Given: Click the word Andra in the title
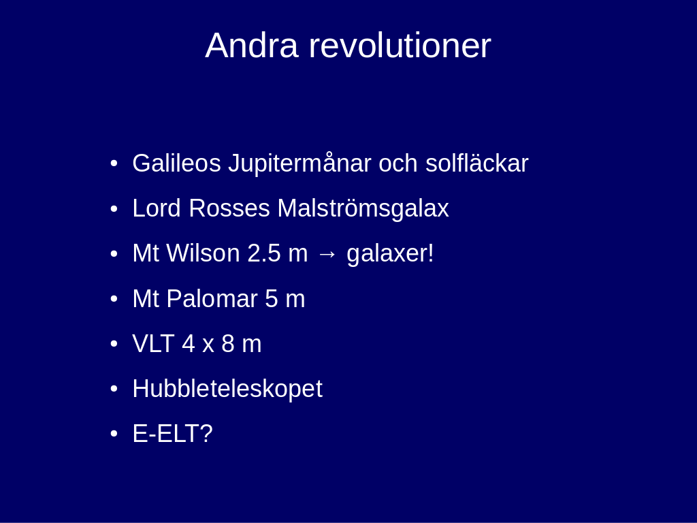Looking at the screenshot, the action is (x=252, y=45).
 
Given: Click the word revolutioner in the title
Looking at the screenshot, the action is (x=400, y=45).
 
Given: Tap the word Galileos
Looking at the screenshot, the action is (x=176, y=163).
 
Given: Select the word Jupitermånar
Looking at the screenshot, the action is (x=299, y=163).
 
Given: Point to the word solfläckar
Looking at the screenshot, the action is (x=477, y=163).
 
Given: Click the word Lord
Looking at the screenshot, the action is (x=157, y=208).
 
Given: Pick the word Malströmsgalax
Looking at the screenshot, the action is (x=363, y=208).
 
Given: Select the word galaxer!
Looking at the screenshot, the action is (x=390, y=253).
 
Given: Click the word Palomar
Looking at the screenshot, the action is (x=212, y=298).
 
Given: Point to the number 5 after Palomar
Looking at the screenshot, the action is (x=271, y=298).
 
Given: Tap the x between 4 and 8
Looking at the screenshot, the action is (x=208, y=345).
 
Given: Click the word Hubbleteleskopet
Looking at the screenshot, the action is (x=227, y=389).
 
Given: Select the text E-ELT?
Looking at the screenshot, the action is (x=172, y=434).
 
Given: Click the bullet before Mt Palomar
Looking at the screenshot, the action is (x=114, y=299).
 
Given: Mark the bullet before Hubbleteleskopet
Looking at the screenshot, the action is (x=114, y=389).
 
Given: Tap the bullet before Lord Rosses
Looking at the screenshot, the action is (x=114, y=208).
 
